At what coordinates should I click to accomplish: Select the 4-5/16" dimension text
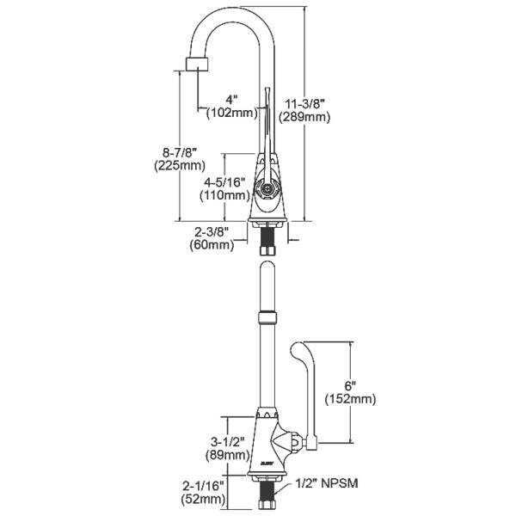pyautogui.click(x=224, y=182)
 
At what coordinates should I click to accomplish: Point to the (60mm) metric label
pyautogui.click(x=212, y=245)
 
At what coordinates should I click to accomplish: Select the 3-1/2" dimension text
pyautogui.click(x=225, y=442)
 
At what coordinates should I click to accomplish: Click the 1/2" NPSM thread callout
pyautogui.click(x=326, y=485)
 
